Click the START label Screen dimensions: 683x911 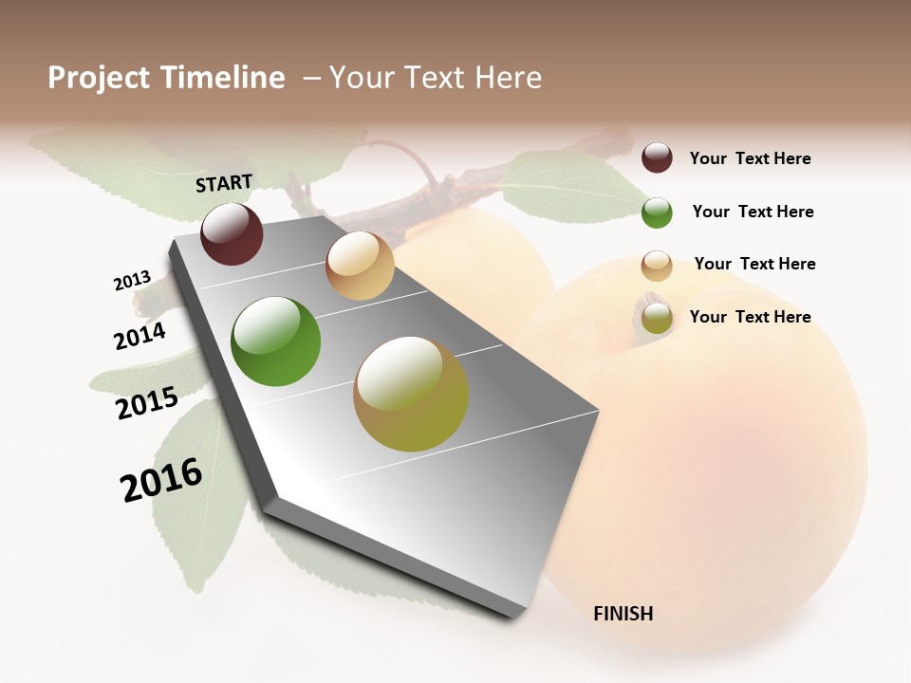tap(224, 183)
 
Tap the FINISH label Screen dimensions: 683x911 tap(623, 614)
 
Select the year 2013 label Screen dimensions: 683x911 tap(132, 281)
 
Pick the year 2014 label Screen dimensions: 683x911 tap(139, 336)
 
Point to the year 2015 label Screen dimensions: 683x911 tap(147, 403)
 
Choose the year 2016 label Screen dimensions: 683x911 tap(161, 479)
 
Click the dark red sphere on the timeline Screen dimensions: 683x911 tap(232, 234)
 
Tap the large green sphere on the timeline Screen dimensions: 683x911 tap(276, 341)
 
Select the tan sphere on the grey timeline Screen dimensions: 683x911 tap(360, 266)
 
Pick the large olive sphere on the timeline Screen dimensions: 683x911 tap(411, 394)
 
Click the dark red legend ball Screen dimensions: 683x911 tap(657, 158)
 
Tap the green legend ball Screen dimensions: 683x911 tap(657, 212)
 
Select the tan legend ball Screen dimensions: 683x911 tap(657, 266)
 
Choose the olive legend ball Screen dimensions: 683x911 tap(657, 318)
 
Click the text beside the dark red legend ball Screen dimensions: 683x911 tap(750, 158)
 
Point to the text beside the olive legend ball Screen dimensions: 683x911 tap(750, 317)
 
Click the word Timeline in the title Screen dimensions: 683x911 tap(222, 78)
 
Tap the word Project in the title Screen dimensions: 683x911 tap(99, 79)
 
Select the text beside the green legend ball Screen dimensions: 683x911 tap(753, 212)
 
